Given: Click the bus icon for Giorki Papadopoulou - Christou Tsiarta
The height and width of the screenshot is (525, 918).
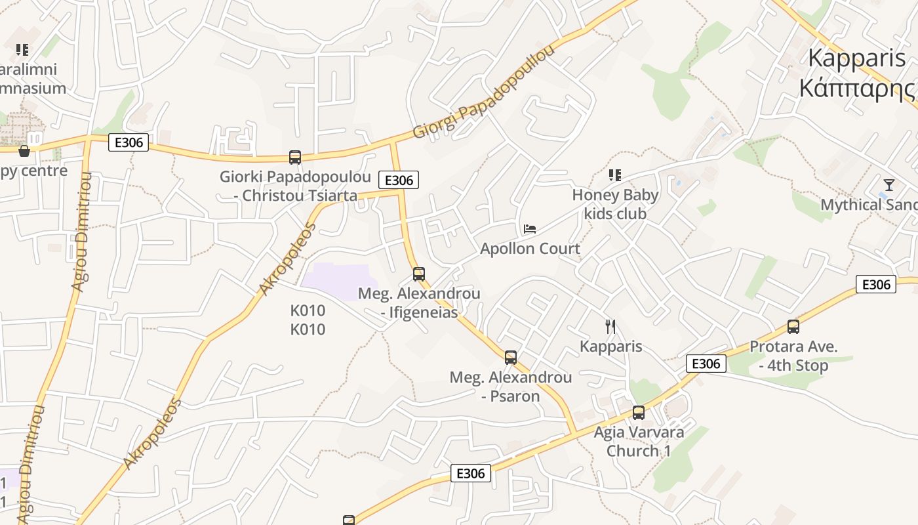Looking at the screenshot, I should tap(295, 157).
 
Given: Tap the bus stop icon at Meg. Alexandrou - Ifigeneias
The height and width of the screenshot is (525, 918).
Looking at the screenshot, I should tap(418, 274).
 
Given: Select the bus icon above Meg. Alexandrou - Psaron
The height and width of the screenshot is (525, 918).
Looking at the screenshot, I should tap(511, 358).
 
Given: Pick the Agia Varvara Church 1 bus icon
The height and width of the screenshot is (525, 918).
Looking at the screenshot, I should tap(638, 413).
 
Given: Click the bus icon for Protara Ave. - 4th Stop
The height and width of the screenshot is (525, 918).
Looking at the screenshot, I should tap(793, 327).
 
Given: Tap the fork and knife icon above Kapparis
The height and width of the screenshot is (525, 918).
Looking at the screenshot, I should tap(610, 327).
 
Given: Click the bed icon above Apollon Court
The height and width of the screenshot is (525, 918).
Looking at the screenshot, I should tap(530, 229).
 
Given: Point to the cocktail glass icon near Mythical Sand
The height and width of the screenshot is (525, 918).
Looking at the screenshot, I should tap(888, 185).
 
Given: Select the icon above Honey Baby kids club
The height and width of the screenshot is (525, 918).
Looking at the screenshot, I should tap(614, 175).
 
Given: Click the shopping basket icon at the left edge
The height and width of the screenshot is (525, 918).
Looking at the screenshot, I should tap(24, 151).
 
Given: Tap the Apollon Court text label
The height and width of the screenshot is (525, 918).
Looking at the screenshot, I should tap(530, 249).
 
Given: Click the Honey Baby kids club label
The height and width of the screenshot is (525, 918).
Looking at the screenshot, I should tap(615, 204).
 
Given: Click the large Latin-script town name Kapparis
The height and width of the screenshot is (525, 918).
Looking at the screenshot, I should tap(856, 58).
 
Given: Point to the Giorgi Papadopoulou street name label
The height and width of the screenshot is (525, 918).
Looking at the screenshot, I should tap(484, 93).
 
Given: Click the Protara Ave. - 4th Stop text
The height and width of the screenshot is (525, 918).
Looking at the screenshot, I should tap(793, 356).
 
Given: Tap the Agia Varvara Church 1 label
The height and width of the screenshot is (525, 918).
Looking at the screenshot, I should tap(639, 442).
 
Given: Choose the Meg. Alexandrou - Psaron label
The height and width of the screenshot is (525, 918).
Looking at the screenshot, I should tap(511, 387).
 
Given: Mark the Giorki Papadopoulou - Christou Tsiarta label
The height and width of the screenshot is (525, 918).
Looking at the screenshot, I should tap(295, 186).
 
